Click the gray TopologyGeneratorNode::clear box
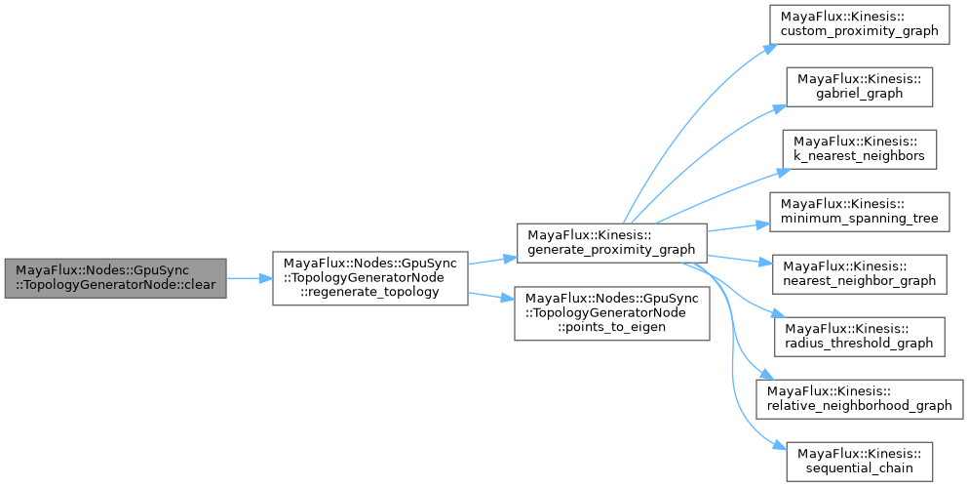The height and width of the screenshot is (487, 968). pos(115,278)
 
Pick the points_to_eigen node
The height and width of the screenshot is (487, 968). pos(610,312)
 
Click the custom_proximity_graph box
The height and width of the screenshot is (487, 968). pos(858,24)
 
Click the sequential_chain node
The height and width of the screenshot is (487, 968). pos(858,460)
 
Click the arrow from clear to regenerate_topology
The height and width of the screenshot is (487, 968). pos(249,278)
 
